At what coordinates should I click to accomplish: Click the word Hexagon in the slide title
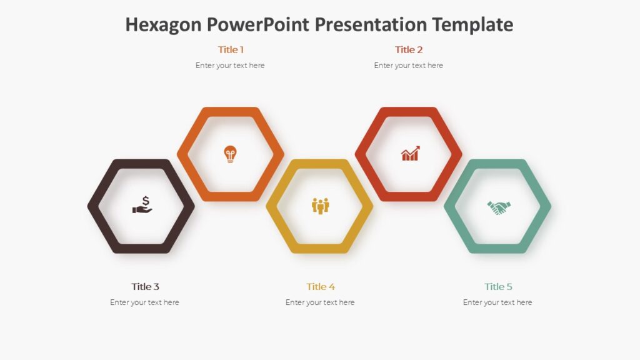pos(164,24)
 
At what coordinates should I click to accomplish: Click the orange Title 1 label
pos(231,49)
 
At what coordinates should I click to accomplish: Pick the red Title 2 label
pos(409,49)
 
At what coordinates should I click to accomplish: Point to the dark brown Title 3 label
pos(145,286)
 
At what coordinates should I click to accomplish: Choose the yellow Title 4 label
pos(321,286)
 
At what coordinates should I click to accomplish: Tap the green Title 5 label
pos(498,286)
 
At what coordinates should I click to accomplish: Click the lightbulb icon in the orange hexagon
pos(231,154)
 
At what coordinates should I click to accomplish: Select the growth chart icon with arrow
pos(410,154)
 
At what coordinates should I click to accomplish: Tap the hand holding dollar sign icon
pos(142,206)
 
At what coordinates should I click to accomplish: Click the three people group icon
pos(320,206)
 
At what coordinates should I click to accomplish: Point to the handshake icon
pos(499,207)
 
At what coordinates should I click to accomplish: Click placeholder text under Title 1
pos(230,66)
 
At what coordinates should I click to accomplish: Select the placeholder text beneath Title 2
pos(409,66)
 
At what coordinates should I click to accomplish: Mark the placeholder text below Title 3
pos(144,302)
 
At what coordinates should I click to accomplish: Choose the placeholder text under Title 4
pos(320,302)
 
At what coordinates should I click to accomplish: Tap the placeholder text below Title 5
pos(497,302)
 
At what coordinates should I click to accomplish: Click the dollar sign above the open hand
pos(146,201)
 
